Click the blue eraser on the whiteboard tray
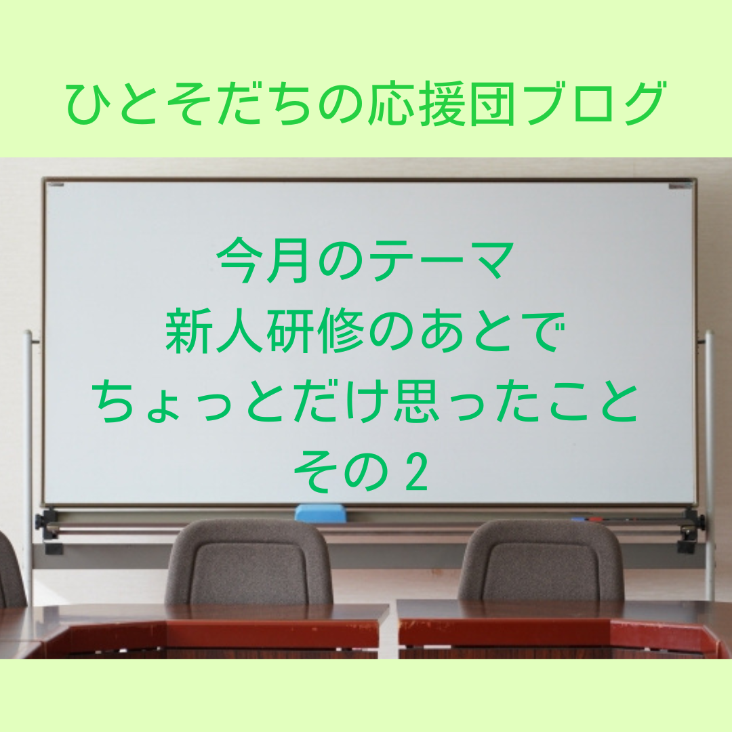point(321,512)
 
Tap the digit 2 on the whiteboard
point(416,472)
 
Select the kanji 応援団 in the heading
point(439,104)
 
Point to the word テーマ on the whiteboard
point(441,261)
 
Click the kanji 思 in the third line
point(416,401)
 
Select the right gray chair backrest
point(542,561)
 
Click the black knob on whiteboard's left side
point(40,521)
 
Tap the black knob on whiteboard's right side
point(701,521)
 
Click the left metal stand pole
point(28,467)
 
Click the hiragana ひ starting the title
point(86,104)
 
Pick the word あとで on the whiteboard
point(493,332)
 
